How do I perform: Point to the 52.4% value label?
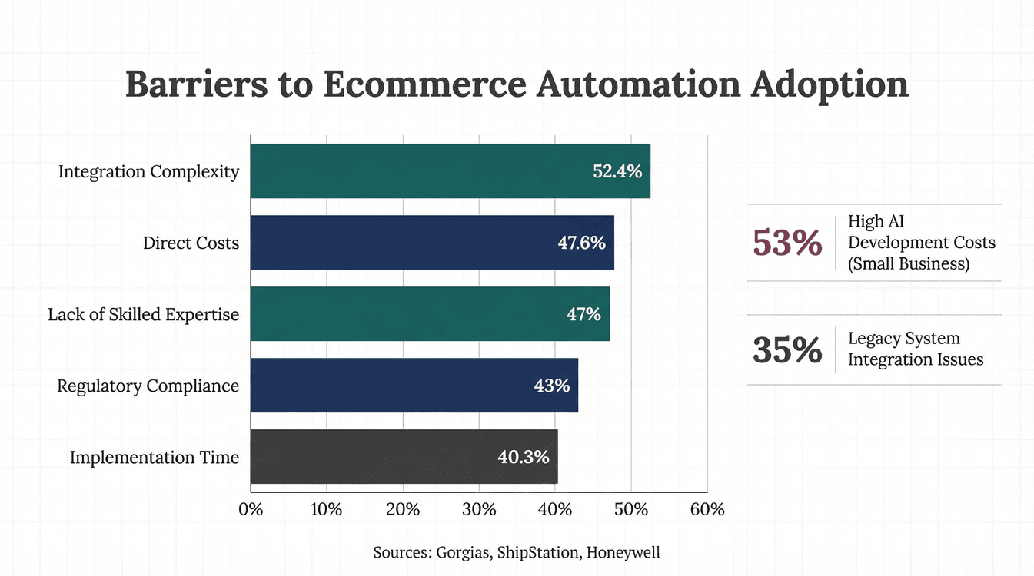click(x=617, y=171)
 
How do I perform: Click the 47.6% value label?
click(x=581, y=243)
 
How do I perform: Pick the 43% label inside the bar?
click(x=551, y=386)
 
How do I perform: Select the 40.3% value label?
click(x=523, y=457)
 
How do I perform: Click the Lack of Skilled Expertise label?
click(x=143, y=314)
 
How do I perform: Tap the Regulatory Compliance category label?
click(x=148, y=386)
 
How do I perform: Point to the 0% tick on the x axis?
click(x=251, y=510)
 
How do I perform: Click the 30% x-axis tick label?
click(x=478, y=510)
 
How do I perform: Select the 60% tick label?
click(x=707, y=510)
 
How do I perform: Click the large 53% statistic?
click(x=786, y=243)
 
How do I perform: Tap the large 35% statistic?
click(x=786, y=349)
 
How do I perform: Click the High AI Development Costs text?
click(x=921, y=243)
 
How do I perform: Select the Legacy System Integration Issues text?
click(x=915, y=349)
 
